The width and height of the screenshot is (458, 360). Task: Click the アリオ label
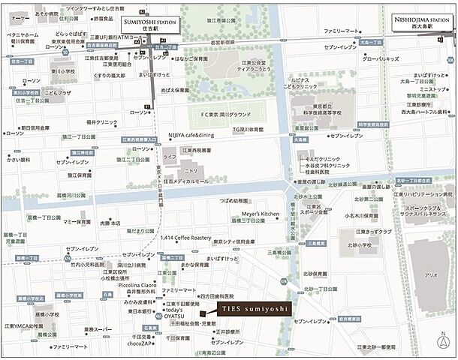click(x=430, y=275)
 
